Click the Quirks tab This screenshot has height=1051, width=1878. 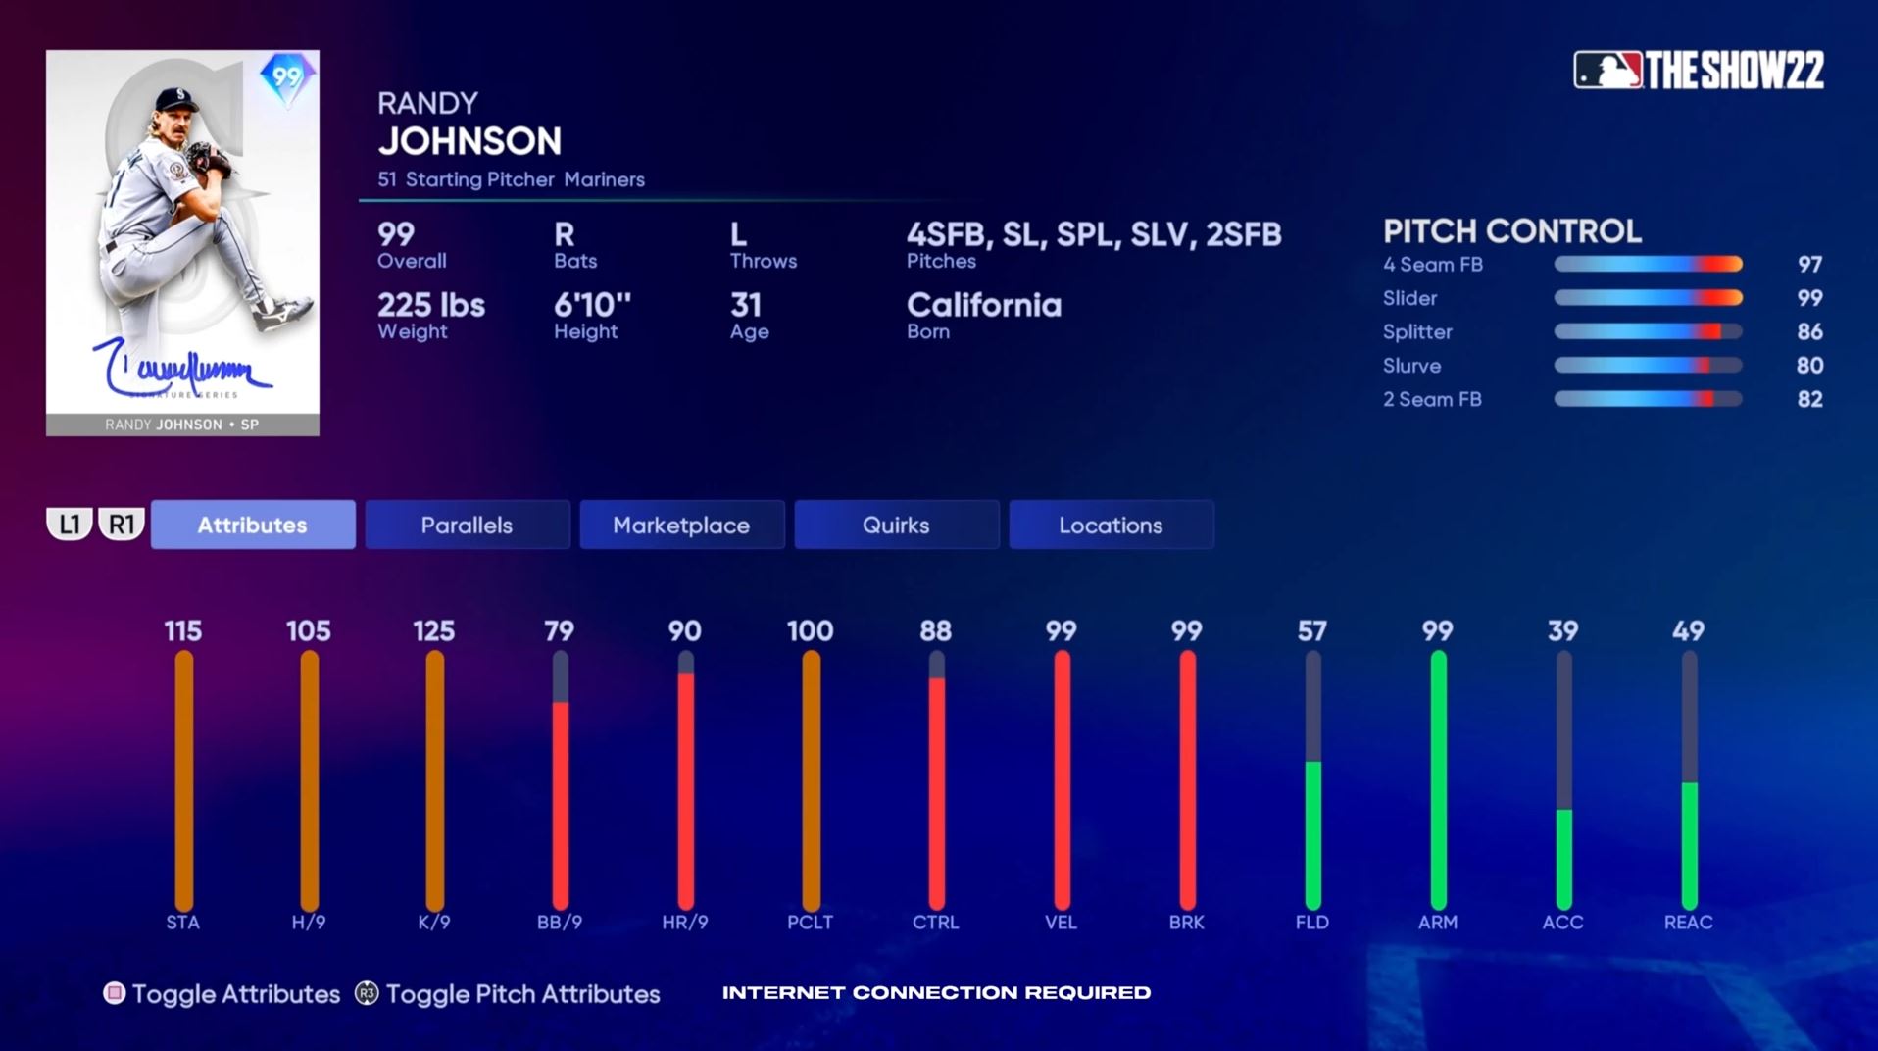pyautogui.click(x=896, y=525)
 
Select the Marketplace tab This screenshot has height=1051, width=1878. pyautogui.click(x=681, y=525)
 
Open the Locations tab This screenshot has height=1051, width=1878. pyautogui.click(x=1111, y=525)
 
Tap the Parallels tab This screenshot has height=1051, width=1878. pyautogui.click(x=467, y=525)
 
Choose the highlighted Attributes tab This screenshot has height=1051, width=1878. pyautogui.click(x=252, y=525)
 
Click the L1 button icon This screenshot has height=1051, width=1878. pyautogui.click(x=70, y=525)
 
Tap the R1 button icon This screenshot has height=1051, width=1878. pyautogui.click(x=122, y=525)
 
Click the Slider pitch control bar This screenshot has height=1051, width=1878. pyautogui.click(x=1648, y=298)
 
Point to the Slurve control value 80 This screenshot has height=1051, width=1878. pyautogui.click(x=1809, y=366)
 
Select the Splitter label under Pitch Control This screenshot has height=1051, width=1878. pyautogui.click(x=1417, y=332)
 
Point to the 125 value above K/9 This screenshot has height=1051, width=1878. pyautogui.click(x=433, y=630)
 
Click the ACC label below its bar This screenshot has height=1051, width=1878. pyautogui.click(x=1562, y=923)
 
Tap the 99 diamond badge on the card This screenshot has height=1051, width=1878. pyautogui.click(x=286, y=77)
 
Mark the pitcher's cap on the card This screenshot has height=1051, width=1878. pyautogui.click(x=174, y=97)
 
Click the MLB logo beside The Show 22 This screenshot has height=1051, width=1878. pyautogui.click(x=1607, y=71)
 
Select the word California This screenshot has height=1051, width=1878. pyautogui.click(x=983, y=305)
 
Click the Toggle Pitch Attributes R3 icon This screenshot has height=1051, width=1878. pyautogui.click(x=367, y=993)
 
